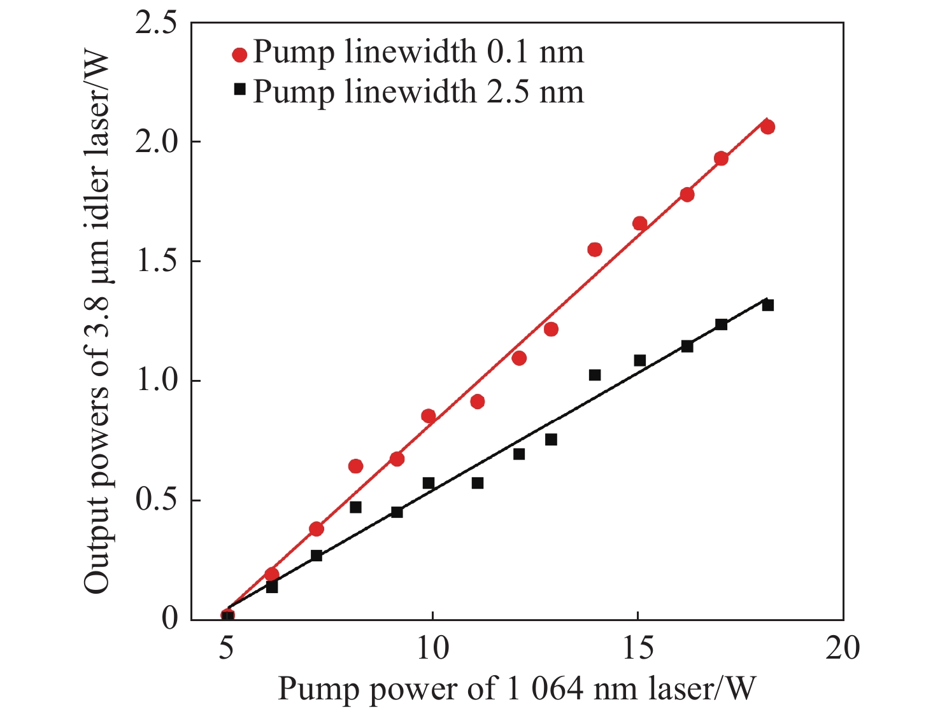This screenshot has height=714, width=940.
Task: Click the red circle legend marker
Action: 239,55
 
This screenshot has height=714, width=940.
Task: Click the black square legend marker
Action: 239,90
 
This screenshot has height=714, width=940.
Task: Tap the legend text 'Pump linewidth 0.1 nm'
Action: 418,52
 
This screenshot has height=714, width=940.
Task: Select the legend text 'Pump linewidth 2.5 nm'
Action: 418,91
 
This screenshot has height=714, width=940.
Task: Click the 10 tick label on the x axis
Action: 432,648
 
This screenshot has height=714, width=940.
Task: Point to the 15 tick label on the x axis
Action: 637,648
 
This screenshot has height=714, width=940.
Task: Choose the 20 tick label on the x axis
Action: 843,648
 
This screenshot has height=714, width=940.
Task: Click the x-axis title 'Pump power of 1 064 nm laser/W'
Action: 516,689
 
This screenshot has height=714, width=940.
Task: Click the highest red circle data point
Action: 767,127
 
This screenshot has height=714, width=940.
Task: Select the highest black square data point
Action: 767,305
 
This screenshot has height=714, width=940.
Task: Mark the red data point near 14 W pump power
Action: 595,249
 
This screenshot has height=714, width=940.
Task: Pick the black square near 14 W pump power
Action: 595,375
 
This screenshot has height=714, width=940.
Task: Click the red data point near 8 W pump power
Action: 356,466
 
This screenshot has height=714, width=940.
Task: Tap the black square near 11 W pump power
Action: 477,483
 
